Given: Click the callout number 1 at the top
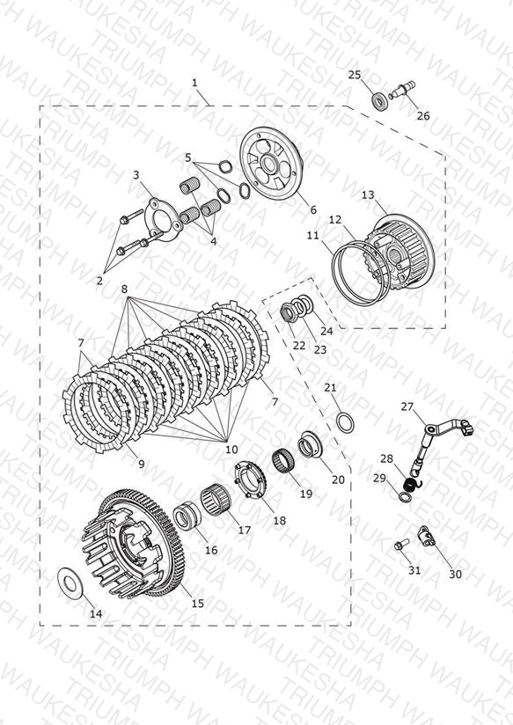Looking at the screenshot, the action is coord(194,83).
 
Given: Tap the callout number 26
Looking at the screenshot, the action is coord(423,115).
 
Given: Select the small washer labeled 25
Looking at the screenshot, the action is coord(380,101).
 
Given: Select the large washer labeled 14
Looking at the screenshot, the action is coord(70,582).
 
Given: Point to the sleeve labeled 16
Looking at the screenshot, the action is coord(187,515).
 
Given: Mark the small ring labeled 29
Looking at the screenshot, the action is coord(404,496).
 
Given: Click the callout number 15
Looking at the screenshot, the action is coord(197,604).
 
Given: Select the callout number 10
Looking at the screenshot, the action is coord(231,449).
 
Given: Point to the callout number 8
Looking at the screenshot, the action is coord(124,289).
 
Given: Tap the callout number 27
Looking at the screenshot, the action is coord(407,406).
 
